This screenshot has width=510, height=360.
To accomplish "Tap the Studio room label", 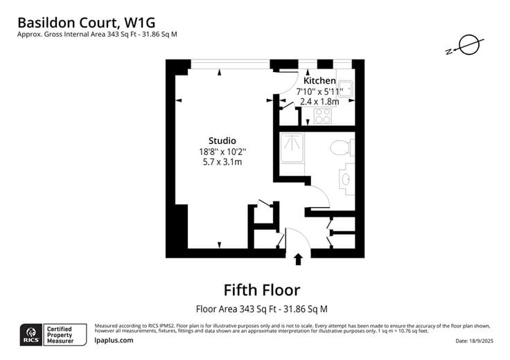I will [222, 141].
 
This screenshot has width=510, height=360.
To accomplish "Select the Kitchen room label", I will [319, 81].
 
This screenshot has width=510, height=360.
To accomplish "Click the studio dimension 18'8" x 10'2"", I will [222, 151].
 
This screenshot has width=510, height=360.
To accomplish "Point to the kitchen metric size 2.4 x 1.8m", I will [319, 101].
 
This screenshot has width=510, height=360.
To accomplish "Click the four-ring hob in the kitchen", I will [323, 116].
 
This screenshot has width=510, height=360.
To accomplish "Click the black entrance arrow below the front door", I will [299, 260].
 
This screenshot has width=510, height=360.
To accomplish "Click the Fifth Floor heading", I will [261, 289].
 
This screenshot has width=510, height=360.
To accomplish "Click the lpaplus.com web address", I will [114, 341].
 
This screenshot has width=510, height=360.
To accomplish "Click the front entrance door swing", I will [294, 239].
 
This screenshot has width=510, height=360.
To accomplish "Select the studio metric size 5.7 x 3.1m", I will [222, 161].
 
